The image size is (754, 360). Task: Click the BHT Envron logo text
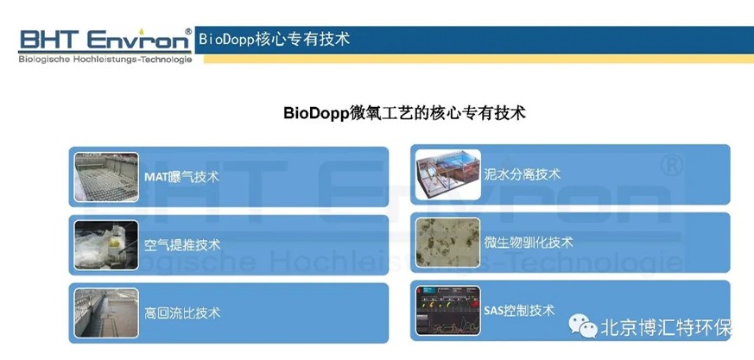pos(105,40)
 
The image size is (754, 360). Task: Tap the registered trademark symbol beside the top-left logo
pos(188,31)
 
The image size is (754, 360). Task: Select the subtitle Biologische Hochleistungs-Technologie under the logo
pos(105,60)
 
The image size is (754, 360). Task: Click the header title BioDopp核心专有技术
pos(274,39)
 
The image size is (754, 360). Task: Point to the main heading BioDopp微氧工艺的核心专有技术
pos(404,113)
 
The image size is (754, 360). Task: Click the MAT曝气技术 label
pos(181,177)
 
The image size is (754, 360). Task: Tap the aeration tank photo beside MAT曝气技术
pos(106,177)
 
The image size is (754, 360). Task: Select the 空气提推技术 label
pos(182,245)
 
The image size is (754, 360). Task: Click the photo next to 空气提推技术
pos(106,245)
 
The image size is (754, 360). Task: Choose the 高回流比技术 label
pos(182,313)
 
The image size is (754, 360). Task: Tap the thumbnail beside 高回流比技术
pos(106,313)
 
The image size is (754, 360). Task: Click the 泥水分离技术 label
pos(523,174)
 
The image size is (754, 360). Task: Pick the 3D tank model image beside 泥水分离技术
pos(448,174)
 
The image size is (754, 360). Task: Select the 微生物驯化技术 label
pos(529,242)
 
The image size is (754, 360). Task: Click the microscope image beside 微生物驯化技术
pos(447,243)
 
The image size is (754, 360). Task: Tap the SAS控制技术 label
pos(519,310)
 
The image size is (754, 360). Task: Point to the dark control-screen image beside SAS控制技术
pos(447,311)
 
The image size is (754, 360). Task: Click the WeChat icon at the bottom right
pos(583,325)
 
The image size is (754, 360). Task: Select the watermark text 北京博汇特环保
pos(667,328)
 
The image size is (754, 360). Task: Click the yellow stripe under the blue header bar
pos(478,59)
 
